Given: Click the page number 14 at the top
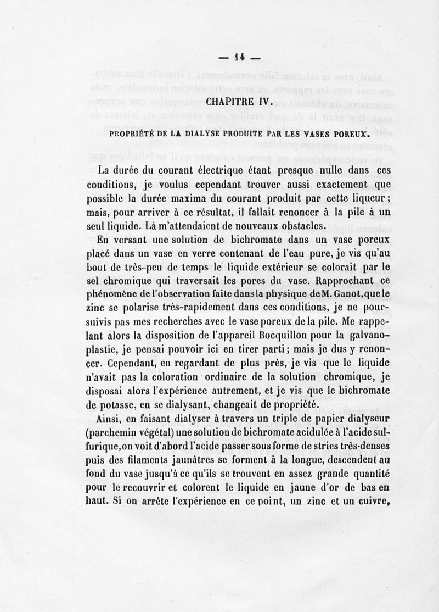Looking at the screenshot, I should (239, 55).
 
